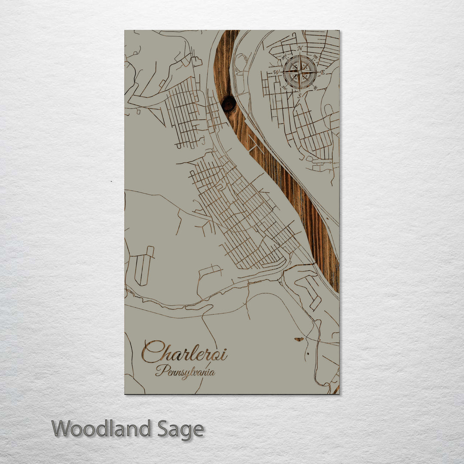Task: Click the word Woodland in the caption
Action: click(101, 429)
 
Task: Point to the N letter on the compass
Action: click(300, 48)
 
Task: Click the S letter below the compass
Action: click(299, 95)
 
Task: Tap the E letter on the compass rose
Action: click(323, 72)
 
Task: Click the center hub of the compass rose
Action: click(300, 72)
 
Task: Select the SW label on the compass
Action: click(284, 88)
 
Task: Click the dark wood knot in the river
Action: click(228, 103)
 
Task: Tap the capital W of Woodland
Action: click(61, 429)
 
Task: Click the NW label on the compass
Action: click(284, 56)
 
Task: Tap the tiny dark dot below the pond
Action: click(308, 354)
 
